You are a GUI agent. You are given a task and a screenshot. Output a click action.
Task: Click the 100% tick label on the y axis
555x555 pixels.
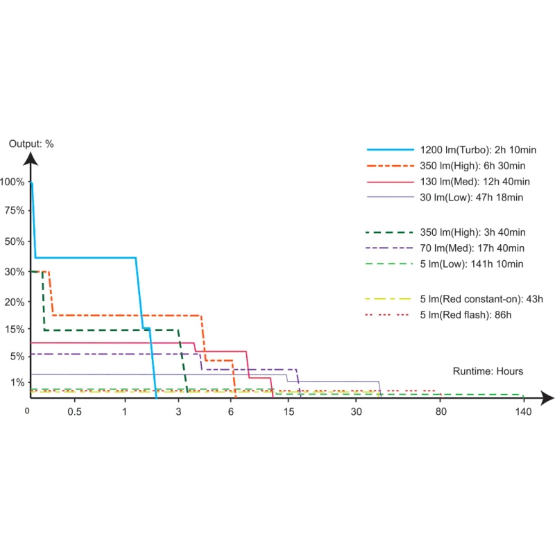pos(12,182)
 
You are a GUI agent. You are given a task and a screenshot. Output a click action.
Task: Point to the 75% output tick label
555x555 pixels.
pos(15,210)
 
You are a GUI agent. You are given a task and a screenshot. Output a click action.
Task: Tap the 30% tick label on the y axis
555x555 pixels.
pos(15,272)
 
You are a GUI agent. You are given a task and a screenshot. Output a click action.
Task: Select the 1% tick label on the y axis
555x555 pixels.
pos(17,382)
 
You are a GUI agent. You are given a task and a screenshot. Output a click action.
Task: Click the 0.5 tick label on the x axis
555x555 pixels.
pos(74,412)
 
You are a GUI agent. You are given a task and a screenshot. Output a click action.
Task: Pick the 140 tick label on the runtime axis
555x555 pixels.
pos(524,412)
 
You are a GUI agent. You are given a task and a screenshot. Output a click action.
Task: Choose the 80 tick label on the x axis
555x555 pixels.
pos(441,412)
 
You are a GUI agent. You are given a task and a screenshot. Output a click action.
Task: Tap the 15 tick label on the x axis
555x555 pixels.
pos(289,412)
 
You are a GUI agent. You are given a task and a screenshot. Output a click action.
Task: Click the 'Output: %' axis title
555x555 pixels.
pos(31,144)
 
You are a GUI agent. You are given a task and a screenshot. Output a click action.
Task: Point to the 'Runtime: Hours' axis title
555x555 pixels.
pos(488,371)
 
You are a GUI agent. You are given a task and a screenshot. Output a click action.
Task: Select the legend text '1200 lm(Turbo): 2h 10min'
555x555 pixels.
pos(478,150)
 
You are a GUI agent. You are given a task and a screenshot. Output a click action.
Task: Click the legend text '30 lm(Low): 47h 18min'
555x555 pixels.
pos(471,198)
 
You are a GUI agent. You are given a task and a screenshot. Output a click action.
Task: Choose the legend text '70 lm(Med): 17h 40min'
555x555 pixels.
pos(472,248)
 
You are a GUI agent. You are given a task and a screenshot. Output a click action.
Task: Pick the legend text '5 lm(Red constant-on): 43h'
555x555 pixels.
pos(481,299)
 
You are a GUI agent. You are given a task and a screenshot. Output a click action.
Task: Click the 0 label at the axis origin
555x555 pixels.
pos(27,410)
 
